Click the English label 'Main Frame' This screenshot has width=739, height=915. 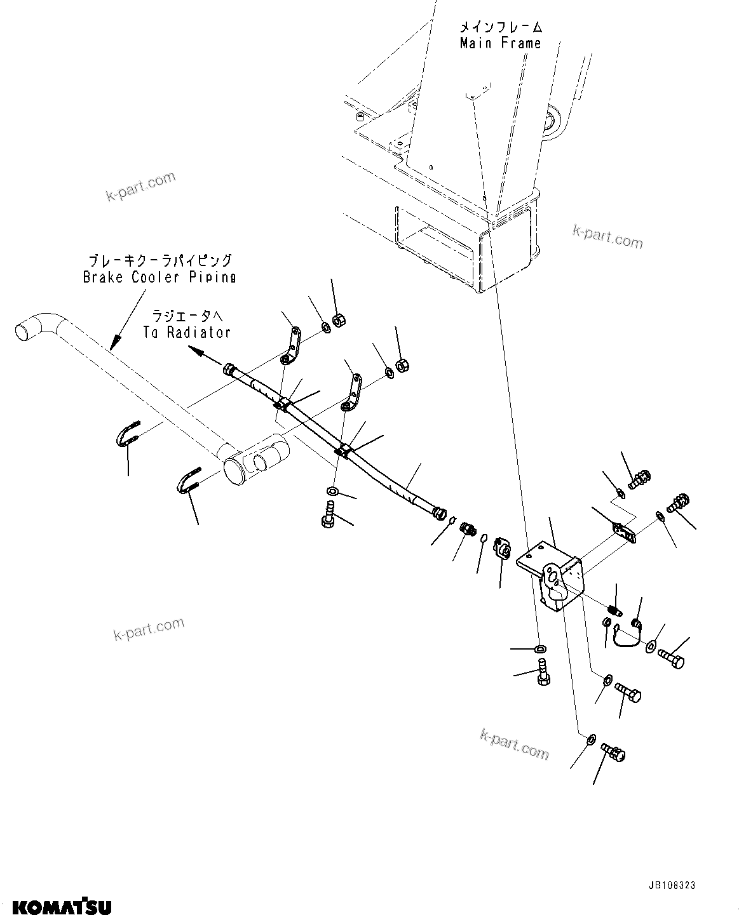click(501, 43)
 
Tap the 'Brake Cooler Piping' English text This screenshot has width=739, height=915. click(159, 277)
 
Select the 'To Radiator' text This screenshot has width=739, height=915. click(191, 332)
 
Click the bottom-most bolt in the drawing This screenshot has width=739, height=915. click(614, 752)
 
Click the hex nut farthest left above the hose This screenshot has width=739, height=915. click(339, 321)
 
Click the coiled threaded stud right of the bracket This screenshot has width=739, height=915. click(613, 608)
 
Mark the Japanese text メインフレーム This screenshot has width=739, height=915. click(501, 27)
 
